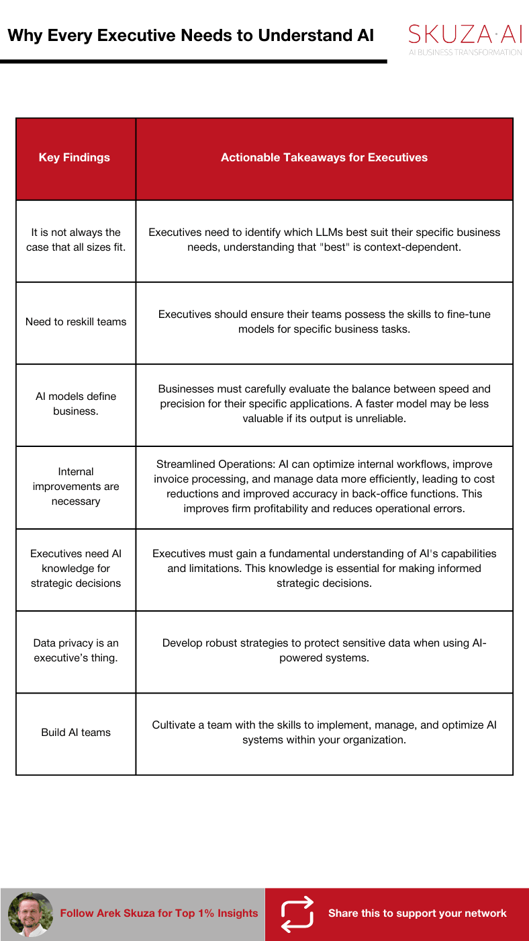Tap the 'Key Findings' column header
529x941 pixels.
point(75,158)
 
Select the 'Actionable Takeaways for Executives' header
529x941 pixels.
point(324,158)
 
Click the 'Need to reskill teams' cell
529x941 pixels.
point(76,322)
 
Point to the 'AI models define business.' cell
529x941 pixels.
point(76,404)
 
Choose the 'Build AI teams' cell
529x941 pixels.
point(76,733)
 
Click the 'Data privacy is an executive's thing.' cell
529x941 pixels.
point(76,651)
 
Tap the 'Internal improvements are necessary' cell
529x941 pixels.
point(76,487)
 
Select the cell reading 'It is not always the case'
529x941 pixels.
point(76,240)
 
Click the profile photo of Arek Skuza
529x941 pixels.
point(30,913)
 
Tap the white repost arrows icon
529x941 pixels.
point(297,913)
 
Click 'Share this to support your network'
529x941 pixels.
point(417,913)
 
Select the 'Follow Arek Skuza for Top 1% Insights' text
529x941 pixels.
point(159,913)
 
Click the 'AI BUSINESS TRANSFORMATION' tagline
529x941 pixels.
point(465,52)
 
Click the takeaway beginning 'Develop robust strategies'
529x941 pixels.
point(324,651)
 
